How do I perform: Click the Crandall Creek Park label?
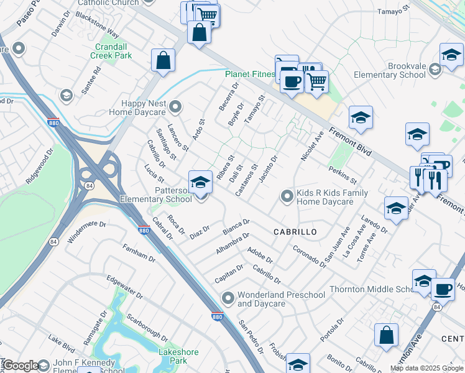(x=114, y=51)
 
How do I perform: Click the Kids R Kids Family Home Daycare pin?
(x=287, y=196)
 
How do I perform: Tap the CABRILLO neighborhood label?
(x=295, y=231)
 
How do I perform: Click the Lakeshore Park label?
(x=178, y=356)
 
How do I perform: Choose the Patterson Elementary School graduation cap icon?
(x=200, y=182)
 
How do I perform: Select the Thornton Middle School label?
(x=376, y=289)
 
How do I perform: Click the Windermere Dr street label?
(x=86, y=233)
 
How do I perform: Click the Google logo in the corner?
(x=21, y=366)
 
